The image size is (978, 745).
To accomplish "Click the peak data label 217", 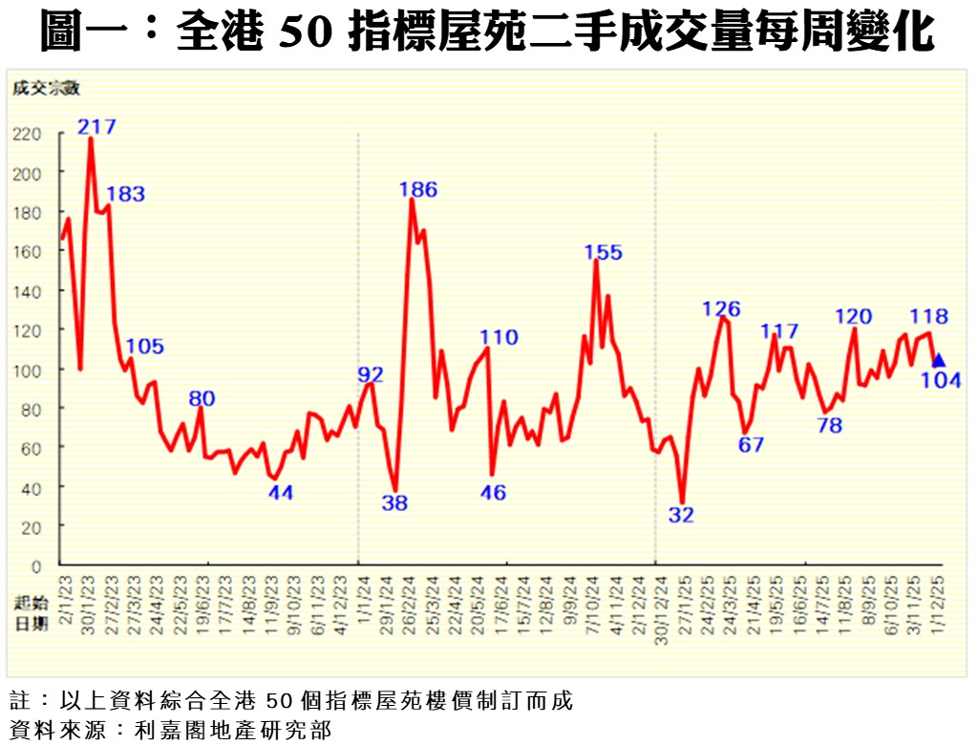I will (96, 126).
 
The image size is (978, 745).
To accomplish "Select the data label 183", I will (125, 194).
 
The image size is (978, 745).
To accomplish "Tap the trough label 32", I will (681, 515).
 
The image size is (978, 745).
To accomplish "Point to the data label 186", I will (417, 189).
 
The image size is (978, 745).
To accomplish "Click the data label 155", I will (603, 252).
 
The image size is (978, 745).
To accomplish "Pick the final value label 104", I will (941, 381).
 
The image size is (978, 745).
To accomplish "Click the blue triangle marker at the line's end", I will (939, 360).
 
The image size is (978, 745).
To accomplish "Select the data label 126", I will (721, 309).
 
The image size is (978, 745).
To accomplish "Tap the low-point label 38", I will (394, 503).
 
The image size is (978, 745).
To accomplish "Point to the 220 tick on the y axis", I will (28, 134).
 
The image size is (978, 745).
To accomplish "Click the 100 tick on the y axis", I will (28, 370).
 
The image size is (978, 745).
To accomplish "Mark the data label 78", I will (829, 426).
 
